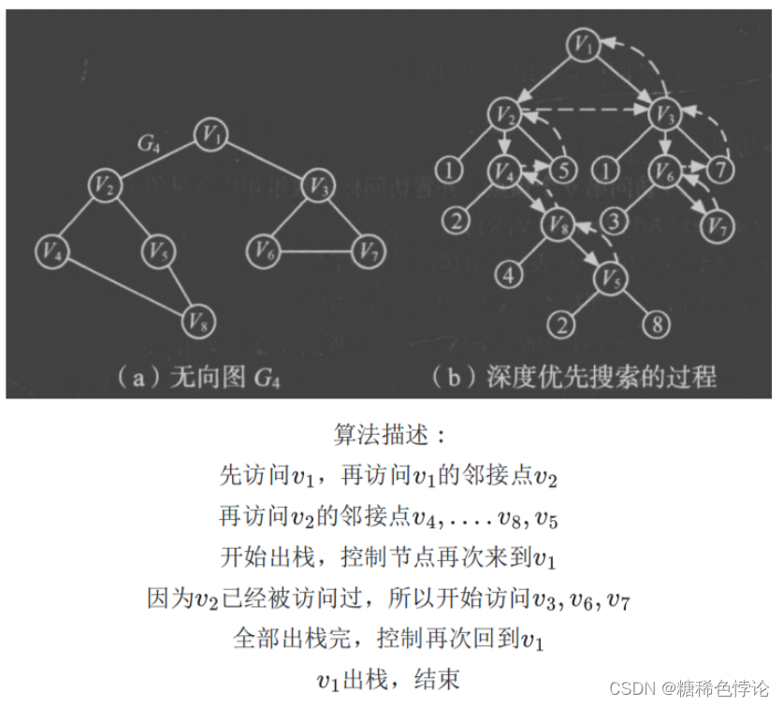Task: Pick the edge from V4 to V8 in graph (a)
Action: click(122, 284)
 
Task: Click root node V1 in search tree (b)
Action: click(586, 43)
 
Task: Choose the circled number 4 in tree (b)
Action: click(508, 275)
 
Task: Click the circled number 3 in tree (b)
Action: click(613, 222)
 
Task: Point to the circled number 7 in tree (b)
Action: click(719, 170)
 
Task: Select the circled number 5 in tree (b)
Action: click(560, 170)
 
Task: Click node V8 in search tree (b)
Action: click(559, 223)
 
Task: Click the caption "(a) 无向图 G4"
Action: click(196, 377)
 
